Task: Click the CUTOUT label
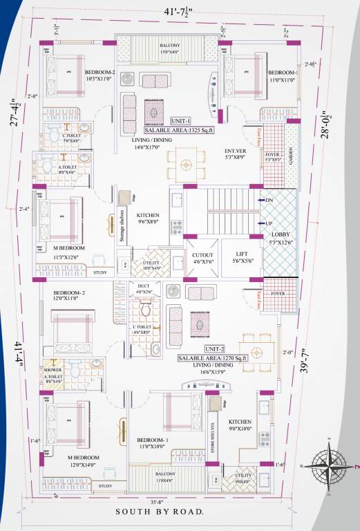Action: pos(202,254)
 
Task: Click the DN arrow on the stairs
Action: pos(269,200)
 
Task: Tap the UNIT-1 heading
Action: pos(180,120)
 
